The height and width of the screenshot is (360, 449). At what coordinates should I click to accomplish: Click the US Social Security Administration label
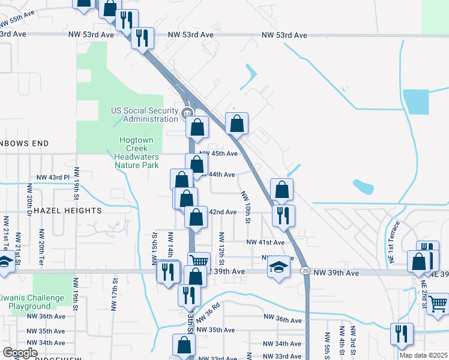[x=145, y=115]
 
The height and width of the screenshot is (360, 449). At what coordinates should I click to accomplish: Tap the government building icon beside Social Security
[x=186, y=112]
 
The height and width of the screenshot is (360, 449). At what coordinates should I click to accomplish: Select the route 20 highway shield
[x=305, y=272]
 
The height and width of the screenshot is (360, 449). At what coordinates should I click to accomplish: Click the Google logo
[x=20, y=353]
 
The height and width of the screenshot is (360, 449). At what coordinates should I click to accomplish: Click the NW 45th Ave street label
[x=223, y=154]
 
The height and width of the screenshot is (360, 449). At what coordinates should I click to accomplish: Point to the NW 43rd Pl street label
[x=53, y=178]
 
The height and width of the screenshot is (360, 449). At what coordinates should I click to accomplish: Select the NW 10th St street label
[x=245, y=206]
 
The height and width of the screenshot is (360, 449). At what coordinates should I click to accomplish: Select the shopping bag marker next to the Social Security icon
[x=197, y=127]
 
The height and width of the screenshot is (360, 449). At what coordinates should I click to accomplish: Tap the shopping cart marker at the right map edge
[x=438, y=304]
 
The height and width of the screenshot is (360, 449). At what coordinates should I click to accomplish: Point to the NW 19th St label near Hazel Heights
[x=77, y=189]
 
